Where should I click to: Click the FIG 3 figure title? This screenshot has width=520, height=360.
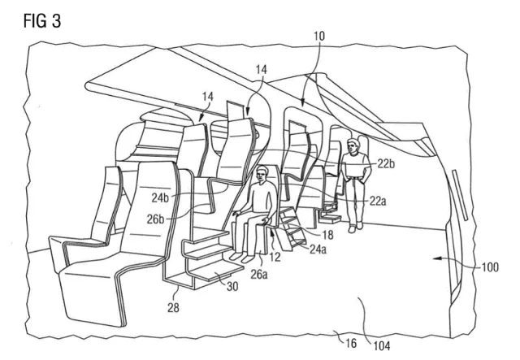tap(42, 21)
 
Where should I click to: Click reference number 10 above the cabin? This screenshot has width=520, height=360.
tap(319, 36)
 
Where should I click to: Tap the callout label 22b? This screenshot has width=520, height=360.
tap(386, 163)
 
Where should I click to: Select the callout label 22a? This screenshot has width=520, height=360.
tap(378, 201)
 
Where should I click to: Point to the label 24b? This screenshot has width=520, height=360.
tap(161, 197)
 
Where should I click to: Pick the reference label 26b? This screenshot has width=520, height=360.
tap(155, 219)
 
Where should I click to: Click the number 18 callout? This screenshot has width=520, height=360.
tap(327, 235)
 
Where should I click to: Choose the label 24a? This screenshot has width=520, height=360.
tap(318, 249)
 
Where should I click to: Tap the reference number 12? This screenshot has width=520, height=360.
tap(275, 257)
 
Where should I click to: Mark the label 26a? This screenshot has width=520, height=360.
tap(259, 275)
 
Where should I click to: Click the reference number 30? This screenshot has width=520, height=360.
tap(232, 286)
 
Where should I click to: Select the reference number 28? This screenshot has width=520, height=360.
tap(173, 307)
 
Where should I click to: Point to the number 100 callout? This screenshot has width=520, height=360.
tap(490, 267)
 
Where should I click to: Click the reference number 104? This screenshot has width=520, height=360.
tap(382, 346)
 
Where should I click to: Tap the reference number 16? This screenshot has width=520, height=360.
tap(351, 343)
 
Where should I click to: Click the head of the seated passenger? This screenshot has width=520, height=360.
tap(262, 175)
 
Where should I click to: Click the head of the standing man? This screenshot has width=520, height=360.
tap(353, 146)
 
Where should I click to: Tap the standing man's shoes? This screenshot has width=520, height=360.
tap(356, 227)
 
